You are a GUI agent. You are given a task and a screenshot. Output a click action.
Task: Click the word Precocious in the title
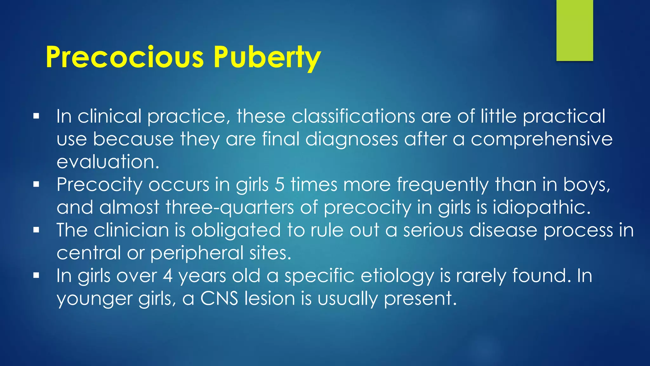124,57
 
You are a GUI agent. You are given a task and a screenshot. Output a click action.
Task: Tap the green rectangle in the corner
574,30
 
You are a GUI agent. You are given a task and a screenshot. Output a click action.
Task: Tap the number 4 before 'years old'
168,275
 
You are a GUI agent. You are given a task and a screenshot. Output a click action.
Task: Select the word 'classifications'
353,116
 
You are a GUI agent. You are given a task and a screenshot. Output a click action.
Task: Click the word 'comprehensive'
541,139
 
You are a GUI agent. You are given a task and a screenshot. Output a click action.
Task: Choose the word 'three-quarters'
230,207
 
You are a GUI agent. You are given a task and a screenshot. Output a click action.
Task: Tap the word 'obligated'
236,230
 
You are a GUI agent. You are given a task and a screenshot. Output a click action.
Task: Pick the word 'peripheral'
196,253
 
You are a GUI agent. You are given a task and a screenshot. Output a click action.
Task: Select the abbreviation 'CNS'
219,298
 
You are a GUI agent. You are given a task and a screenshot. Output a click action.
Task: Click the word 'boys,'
587,185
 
